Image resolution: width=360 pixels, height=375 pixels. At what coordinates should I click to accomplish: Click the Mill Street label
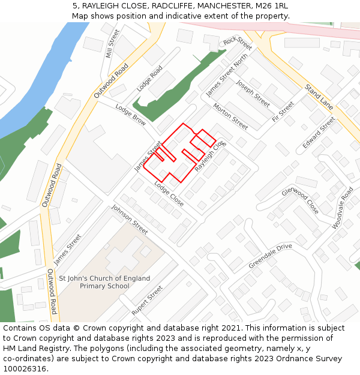[x=109, y=43]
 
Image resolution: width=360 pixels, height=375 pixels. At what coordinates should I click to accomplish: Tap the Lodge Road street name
[x=149, y=79]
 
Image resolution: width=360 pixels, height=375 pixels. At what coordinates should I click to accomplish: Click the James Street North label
[x=227, y=76]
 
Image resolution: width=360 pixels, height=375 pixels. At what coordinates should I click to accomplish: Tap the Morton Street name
[x=230, y=116]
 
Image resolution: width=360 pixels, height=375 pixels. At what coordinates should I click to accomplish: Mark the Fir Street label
[x=283, y=112]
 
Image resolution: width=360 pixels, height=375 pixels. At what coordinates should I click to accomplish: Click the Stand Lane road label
[x=319, y=97]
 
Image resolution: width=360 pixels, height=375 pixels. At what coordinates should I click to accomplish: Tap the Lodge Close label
[x=169, y=193]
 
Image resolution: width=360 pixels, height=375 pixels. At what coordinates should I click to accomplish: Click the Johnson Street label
[x=130, y=220]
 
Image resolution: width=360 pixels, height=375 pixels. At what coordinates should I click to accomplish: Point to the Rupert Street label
[x=147, y=301]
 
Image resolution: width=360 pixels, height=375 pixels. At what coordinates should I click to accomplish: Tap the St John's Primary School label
[x=104, y=282]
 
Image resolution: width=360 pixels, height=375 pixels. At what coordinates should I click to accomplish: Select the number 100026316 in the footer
[x=25, y=368]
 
